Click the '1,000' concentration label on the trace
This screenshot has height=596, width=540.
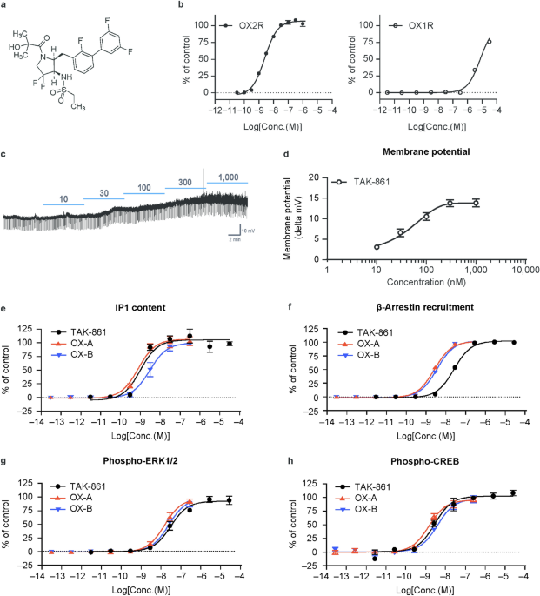pos(227,177)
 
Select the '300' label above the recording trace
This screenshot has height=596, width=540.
pos(184,182)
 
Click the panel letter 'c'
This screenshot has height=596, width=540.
pos(4,155)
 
